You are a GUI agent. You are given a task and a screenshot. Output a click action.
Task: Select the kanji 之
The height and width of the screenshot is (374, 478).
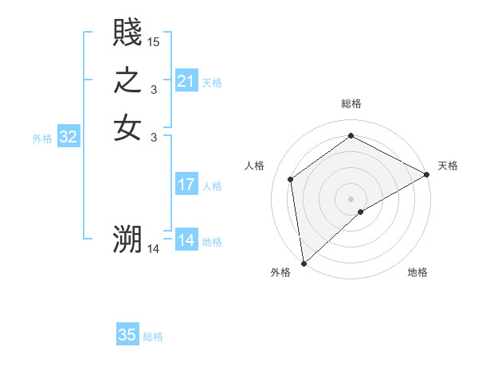(127, 80)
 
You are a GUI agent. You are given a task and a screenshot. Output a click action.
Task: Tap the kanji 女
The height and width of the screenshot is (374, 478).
(127, 128)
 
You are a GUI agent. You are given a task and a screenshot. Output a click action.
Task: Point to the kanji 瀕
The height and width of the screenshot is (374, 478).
(127, 240)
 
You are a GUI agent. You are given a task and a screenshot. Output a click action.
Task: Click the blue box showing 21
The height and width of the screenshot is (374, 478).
(186, 81)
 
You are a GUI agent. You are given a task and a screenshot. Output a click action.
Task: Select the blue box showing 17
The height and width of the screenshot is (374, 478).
(186, 185)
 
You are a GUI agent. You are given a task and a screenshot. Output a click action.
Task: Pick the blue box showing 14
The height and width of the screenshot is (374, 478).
(186, 240)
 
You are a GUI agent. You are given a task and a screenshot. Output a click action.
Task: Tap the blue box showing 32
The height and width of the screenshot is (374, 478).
(69, 137)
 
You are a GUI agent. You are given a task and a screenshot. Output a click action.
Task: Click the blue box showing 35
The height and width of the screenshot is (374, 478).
(127, 335)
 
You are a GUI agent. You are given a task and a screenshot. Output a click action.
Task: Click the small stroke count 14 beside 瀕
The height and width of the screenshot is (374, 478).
(154, 249)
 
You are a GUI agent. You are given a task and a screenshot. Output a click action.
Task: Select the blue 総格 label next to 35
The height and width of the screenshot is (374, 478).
(153, 337)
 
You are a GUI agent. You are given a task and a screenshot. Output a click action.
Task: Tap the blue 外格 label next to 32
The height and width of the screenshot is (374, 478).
(42, 138)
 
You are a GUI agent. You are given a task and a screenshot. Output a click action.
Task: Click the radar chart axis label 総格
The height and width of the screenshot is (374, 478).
(351, 103)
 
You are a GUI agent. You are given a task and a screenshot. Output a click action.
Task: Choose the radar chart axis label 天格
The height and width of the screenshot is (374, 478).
(448, 166)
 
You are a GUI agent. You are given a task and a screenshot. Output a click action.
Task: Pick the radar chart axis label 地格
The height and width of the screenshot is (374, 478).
(417, 272)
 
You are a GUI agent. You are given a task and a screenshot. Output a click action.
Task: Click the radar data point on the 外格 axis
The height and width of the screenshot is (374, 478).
(304, 263)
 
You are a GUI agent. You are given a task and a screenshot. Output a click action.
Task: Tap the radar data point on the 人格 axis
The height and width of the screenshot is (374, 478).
(291, 179)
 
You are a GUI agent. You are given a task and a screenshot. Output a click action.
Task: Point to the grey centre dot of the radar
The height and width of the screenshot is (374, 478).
(351, 198)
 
